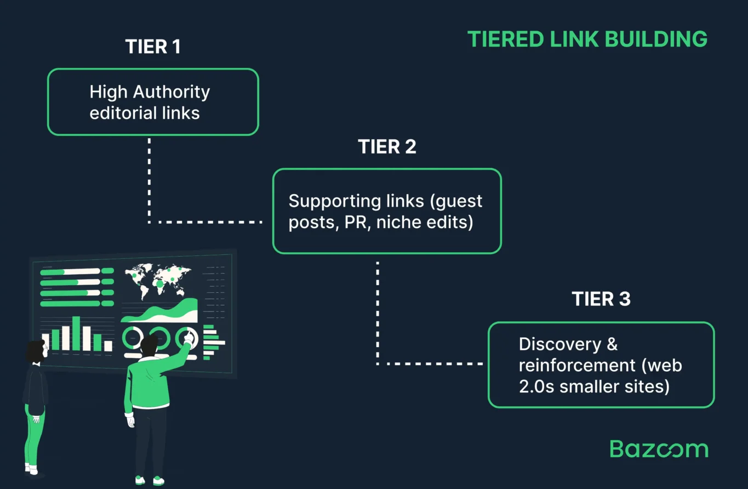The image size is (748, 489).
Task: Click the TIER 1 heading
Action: tap(153, 47)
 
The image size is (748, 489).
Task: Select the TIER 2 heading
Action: tap(387, 147)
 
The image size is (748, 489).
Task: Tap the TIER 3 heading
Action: tap(601, 299)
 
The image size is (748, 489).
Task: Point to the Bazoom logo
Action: tap(659, 448)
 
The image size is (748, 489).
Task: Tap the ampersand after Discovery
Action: tap(613, 344)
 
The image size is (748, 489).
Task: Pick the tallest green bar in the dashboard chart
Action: tap(76, 333)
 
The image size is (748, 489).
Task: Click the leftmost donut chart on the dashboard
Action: tap(133, 338)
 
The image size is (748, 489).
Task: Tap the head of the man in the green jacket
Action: tap(149, 345)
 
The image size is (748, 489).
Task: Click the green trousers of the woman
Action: tap(34, 436)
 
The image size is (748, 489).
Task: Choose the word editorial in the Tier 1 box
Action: tap(116, 113)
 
